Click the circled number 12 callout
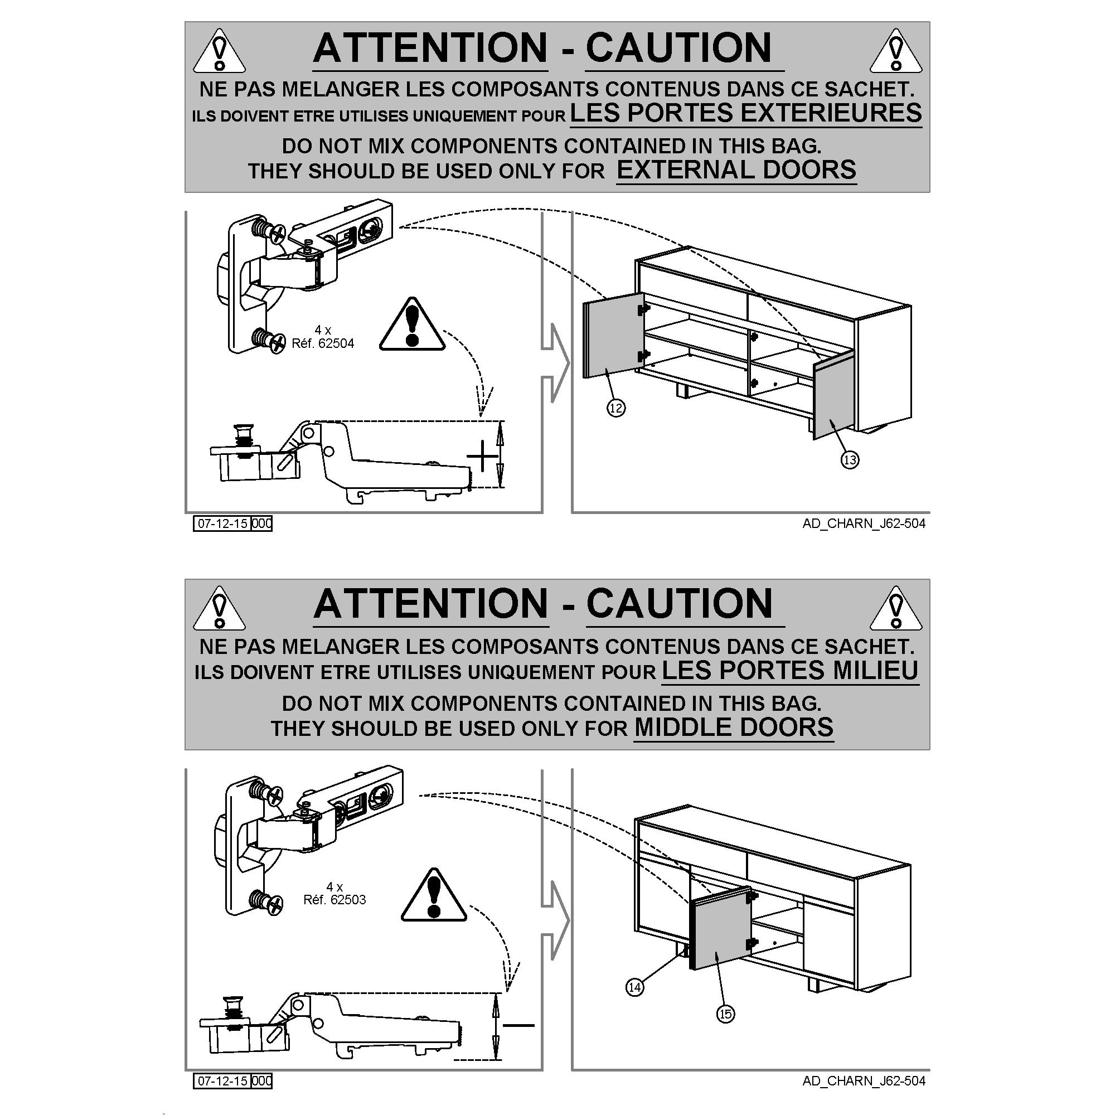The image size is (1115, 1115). [616, 409]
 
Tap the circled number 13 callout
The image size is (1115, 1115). [850, 459]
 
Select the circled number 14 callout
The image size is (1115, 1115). [634, 987]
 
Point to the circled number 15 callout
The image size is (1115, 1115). [725, 1014]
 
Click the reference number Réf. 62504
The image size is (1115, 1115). [323, 343]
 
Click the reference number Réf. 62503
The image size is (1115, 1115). [334, 900]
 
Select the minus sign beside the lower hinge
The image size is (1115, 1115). [519, 1025]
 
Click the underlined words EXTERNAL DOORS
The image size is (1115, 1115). [736, 170]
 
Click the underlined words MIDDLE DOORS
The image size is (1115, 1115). [734, 727]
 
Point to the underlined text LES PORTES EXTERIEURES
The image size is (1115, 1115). [745, 113]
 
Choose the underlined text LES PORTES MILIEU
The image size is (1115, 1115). [789, 671]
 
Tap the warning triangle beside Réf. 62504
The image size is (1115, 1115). [411, 326]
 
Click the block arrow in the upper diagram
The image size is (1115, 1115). [555, 363]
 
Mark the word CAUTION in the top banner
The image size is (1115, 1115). [678, 48]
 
